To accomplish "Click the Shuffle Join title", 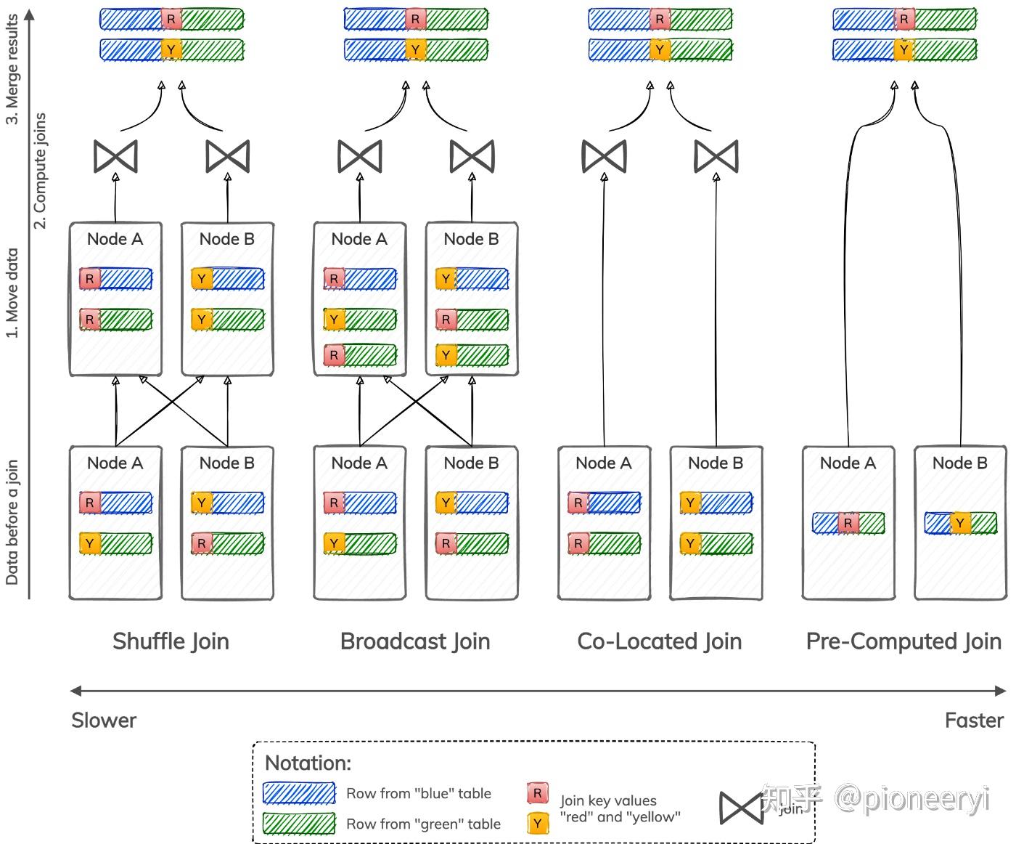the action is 171,641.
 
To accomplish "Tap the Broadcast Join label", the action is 415,641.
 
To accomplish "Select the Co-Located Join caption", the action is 660,641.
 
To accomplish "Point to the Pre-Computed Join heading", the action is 904,641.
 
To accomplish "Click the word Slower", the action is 104,721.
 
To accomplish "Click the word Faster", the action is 974,721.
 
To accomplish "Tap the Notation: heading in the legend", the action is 308,763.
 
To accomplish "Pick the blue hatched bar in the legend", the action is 299,793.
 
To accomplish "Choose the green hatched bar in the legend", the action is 299,824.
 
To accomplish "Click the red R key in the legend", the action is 537,793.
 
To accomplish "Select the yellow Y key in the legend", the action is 537,824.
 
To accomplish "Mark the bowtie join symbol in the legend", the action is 741,808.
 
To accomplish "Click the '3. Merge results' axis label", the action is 12,69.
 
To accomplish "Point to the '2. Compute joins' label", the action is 40,171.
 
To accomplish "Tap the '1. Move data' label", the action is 12,293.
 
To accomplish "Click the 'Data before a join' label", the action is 12,522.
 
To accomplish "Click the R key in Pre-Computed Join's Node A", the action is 848,523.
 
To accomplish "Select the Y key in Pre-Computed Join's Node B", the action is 960,523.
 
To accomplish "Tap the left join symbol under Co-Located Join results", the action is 604,156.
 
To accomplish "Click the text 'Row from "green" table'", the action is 423,824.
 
